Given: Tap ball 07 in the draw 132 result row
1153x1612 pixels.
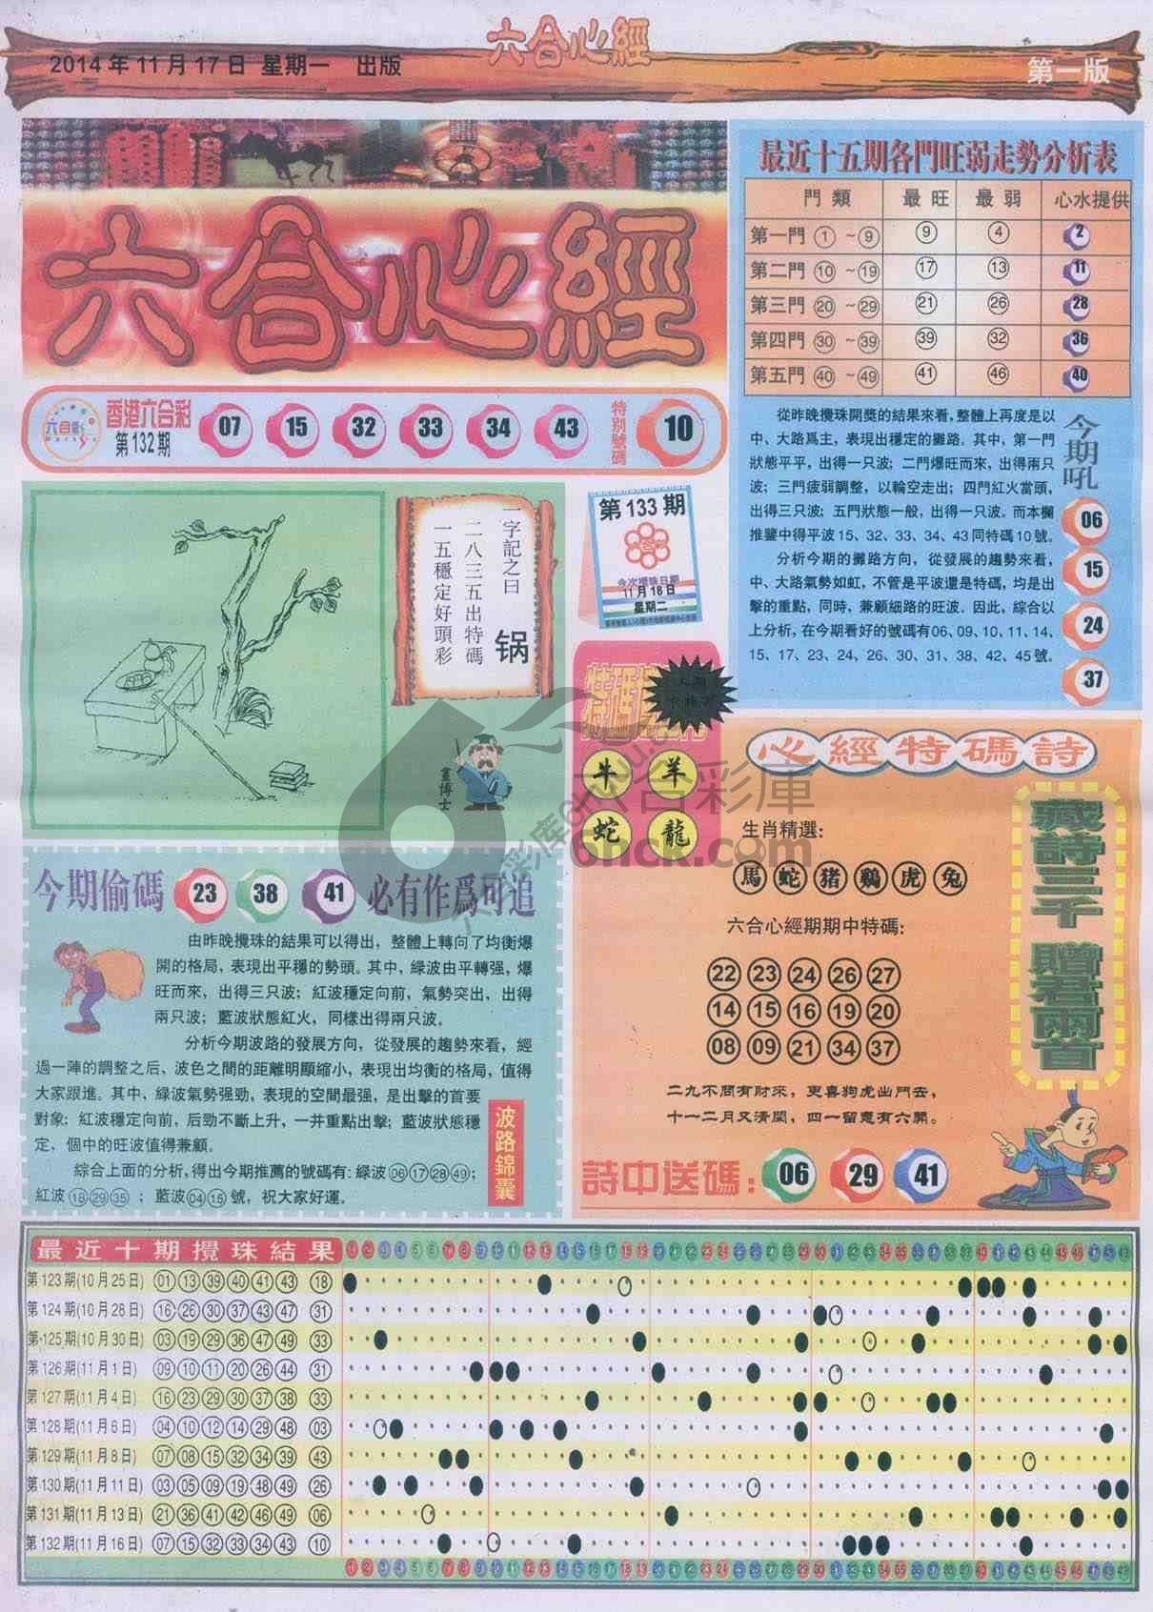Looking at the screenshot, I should point(230,427).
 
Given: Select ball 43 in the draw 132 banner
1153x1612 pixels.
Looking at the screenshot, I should point(565,427).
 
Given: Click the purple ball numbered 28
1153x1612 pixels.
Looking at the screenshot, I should point(1079,306).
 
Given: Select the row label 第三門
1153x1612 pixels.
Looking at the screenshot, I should point(773,305).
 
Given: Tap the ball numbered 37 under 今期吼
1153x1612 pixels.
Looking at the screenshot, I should point(1093,679).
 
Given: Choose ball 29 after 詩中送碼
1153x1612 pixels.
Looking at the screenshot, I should point(862,1173).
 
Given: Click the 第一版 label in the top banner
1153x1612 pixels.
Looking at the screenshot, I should point(1068,71).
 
